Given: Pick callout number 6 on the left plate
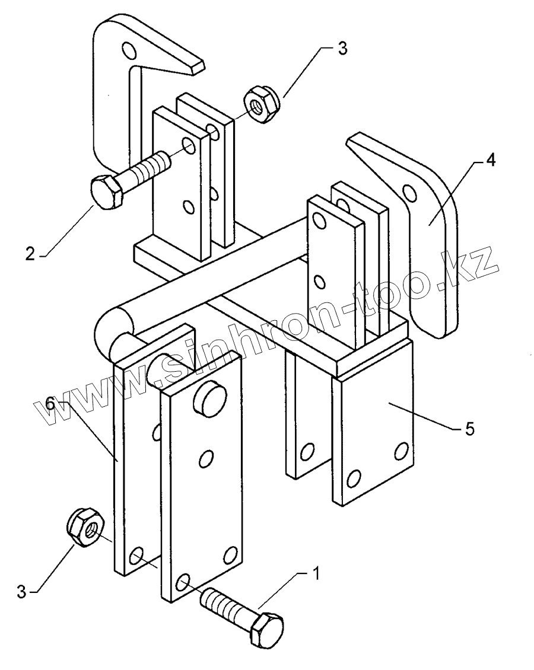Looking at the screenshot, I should pos(50,405).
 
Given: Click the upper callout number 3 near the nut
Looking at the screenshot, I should pos(342,49).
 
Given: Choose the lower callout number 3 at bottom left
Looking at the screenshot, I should pos(22,592).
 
